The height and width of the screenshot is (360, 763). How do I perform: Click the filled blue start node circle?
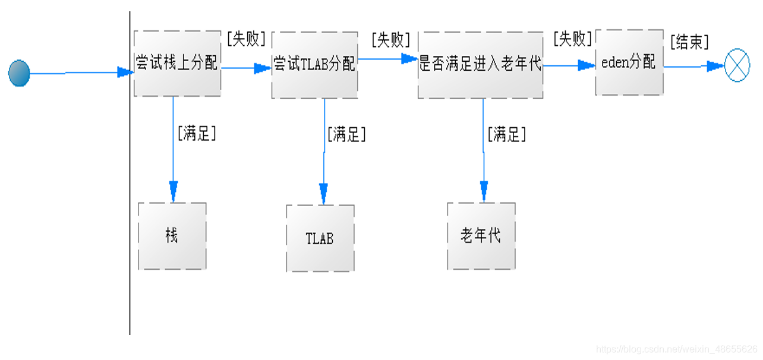pos(19,73)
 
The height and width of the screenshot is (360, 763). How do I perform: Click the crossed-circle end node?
pos(737,66)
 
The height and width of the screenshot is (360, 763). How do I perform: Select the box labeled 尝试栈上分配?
pos(177,64)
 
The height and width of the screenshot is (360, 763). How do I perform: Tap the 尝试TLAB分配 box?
pos(314,65)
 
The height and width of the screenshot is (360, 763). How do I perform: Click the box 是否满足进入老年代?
pos(480,65)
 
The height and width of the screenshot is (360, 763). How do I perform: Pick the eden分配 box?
pos(629,62)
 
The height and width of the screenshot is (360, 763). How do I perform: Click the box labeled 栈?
pos(172,236)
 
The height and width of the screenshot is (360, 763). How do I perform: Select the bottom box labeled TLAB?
pos(320,238)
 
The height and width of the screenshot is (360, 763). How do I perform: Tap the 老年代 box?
pos(481,236)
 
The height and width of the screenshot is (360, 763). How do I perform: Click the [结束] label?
pos(689,42)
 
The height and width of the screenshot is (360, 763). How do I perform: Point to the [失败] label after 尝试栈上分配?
pos(246,39)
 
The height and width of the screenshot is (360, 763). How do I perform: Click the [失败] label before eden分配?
pos(572,39)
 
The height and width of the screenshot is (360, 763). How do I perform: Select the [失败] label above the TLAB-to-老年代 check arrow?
pos(390,40)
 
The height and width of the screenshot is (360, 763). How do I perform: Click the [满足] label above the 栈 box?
pos(197,133)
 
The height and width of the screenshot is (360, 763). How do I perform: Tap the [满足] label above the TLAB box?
pos(346,134)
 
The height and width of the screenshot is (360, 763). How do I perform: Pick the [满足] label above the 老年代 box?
pos(507,134)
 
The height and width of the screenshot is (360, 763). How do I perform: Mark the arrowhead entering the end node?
pos(715,67)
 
